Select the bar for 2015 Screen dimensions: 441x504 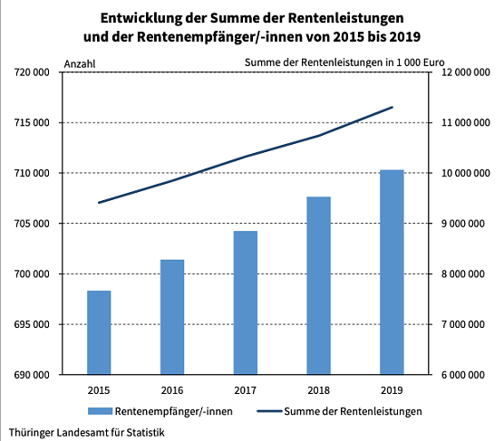point(99,332)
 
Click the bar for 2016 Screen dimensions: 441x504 point(172,317)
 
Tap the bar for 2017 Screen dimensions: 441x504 point(246,302)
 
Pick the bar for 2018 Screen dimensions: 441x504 point(318,285)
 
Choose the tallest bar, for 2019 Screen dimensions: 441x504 point(392,272)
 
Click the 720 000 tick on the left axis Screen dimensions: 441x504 point(31,72)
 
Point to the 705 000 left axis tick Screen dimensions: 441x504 point(31,224)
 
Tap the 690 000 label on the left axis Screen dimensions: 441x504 point(31,375)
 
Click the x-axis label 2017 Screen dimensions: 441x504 point(246,390)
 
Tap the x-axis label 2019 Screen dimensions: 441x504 point(392,390)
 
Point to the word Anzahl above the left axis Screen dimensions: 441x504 point(80,62)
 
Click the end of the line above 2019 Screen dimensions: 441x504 point(392,107)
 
